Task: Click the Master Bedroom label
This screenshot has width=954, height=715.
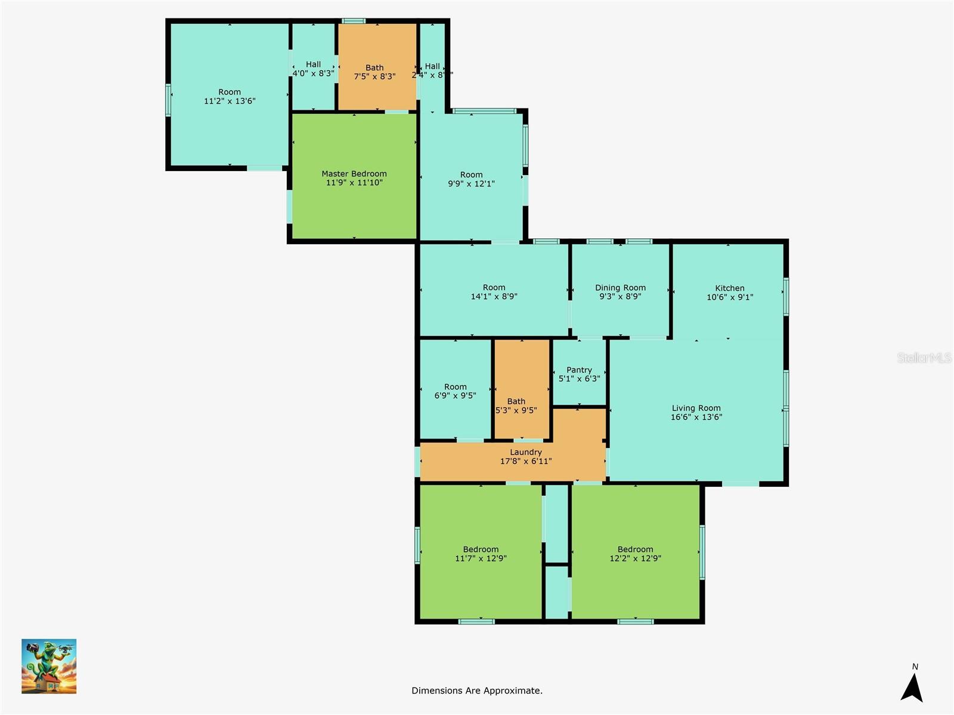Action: pos(354,174)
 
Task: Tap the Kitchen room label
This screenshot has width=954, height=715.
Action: pos(729,288)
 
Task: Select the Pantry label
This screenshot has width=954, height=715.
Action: pos(579,370)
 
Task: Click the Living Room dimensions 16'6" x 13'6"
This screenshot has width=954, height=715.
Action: pos(696,417)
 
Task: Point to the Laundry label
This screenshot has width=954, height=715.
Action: pos(525,452)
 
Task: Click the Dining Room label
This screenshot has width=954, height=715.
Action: pos(620,288)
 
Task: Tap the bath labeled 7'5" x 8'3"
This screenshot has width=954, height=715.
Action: pos(374,72)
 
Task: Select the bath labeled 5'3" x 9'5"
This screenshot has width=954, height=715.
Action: pos(516,406)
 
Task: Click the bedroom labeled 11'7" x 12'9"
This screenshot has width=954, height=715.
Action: pos(481,554)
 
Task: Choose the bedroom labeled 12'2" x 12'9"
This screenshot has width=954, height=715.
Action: pos(635,554)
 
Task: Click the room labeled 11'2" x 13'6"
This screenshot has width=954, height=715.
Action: pos(230,97)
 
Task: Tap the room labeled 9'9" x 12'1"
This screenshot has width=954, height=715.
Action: pos(471,179)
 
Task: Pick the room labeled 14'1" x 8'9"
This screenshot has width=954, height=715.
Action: pos(494,291)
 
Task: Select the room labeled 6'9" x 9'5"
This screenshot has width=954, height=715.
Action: pos(455,391)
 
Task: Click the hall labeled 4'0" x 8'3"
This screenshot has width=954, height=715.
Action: pos(313,69)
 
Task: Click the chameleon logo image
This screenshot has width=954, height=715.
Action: pos(49,666)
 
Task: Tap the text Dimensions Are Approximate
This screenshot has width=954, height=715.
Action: pos(476,691)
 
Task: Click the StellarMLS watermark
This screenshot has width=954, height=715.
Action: pos(924,357)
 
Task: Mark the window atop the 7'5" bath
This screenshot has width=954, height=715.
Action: pos(354,21)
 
